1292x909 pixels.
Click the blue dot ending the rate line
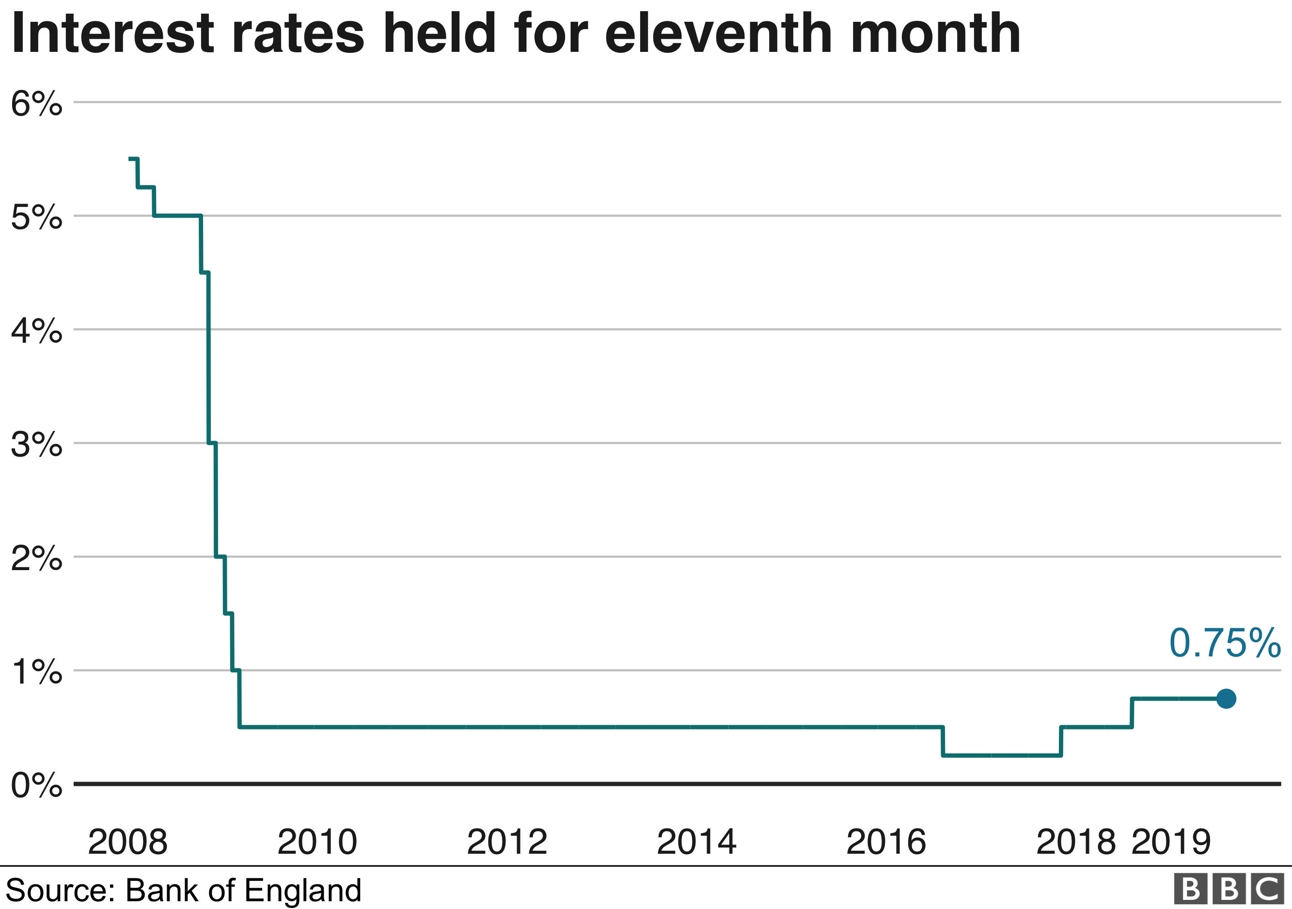click(x=1226, y=699)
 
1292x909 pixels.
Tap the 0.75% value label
click(x=1225, y=643)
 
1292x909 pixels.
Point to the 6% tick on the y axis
click(x=36, y=104)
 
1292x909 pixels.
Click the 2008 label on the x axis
click(x=128, y=842)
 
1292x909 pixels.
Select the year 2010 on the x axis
click(x=317, y=842)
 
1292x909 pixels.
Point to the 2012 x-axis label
click(x=507, y=842)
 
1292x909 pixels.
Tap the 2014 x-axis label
click(x=697, y=842)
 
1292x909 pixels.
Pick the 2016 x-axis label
click(x=886, y=842)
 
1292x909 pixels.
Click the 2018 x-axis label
click(x=1076, y=842)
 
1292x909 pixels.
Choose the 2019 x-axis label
click(x=1171, y=842)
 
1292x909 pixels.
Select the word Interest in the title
click(x=112, y=34)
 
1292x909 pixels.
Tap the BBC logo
click(x=1229, y=889)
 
